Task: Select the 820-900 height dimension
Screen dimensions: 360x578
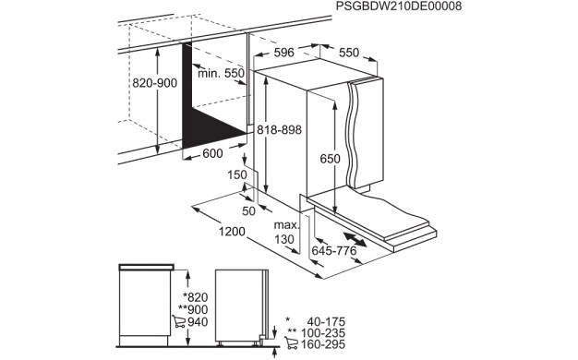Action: tap(152, 82)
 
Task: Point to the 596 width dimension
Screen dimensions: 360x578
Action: tap(283, 53)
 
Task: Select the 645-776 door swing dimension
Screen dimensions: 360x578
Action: tap(334, 250)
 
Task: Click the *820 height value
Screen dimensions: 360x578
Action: tap(197, 296)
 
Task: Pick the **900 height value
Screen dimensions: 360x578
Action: tap(194, 309)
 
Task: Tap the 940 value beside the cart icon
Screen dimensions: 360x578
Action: tap(198, 322)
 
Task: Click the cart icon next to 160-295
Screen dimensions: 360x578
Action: tap(292, 344)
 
